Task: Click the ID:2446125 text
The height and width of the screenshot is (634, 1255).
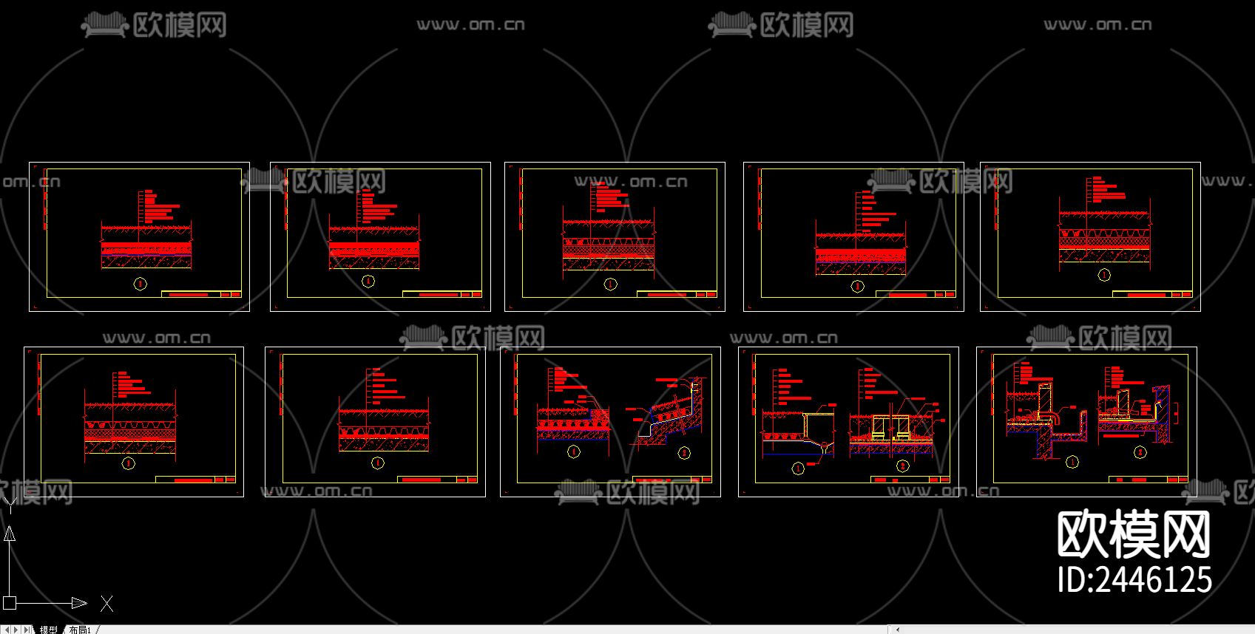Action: pos(1134,579)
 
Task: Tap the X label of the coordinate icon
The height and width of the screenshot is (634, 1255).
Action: pos(107,604)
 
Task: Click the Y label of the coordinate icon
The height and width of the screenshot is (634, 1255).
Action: pos(10,504)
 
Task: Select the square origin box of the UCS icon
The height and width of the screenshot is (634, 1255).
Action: pos(10,603)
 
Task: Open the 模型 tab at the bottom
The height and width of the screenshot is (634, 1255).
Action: pos(49,630)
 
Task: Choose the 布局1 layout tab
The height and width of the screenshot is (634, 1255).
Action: pos(79,630)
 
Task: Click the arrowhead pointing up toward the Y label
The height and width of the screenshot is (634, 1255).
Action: pos(10,534)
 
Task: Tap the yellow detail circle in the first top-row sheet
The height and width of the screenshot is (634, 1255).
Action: pos(140,283)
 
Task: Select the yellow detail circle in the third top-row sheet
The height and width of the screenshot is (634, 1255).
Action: pos(610,284)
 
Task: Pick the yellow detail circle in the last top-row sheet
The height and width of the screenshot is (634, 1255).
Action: pos(1104,275)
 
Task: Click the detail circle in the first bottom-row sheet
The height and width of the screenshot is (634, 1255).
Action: pos(129,463)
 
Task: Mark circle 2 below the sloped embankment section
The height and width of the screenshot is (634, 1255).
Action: pos(684,452)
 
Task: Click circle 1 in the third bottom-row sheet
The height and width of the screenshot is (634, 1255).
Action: pos(573,451)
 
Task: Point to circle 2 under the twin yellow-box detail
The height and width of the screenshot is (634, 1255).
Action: pos(902,466)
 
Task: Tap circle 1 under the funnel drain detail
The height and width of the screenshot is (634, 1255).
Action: pos(798,468)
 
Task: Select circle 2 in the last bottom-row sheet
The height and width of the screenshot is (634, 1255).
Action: pos(1140,451)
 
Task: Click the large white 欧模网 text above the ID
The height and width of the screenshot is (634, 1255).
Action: pos(1134,534)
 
